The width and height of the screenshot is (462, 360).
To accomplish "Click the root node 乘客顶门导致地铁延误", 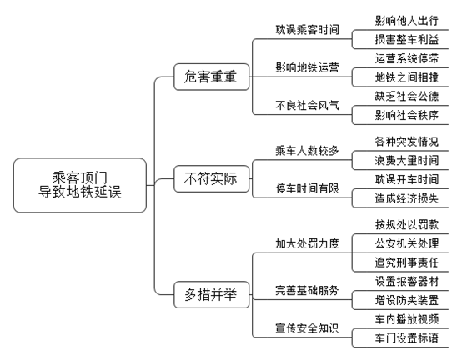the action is [80, 185].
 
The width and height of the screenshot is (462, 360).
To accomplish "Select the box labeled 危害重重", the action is [212, 77].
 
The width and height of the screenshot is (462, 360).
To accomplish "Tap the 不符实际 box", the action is [212, 178].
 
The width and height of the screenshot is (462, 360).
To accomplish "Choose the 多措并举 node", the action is [212, 294].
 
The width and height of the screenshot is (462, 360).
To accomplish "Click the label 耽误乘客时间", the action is [307, 30].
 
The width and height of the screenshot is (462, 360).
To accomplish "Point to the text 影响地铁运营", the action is [307, 67].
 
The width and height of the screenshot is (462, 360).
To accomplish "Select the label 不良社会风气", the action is [307, 105].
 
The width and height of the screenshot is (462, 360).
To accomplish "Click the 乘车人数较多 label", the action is [307, 151].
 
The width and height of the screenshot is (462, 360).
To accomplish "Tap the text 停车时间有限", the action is [307, 188].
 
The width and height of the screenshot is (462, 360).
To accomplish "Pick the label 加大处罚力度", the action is [307, 243].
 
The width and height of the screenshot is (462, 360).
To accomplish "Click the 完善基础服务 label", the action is [307, 291].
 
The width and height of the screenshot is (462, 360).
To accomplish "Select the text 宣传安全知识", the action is [307, 328].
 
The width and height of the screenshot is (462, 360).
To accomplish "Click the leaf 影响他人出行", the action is [407, 21].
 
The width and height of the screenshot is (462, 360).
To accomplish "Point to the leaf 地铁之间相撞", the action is [407, 77].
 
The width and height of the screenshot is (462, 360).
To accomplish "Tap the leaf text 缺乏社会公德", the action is [407, 97].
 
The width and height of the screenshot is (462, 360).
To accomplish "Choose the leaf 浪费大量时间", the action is [407, 161].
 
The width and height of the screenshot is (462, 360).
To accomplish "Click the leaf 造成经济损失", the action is [407, 198].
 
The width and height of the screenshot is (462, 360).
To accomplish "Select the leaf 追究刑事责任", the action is [407, 262].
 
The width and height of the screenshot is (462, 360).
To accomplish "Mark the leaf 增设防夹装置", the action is [407, 300].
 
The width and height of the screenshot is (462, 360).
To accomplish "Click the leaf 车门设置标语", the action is [407, 338].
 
